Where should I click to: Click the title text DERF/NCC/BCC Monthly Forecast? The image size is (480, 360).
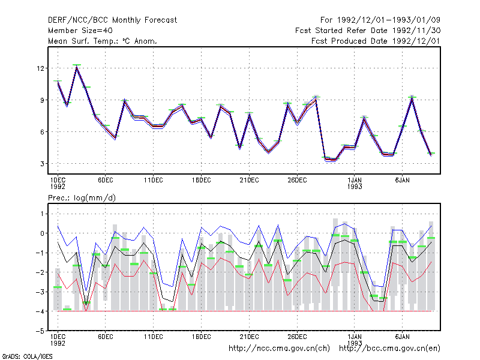tap(112, 20)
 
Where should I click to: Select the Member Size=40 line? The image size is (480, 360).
tap(80, 31)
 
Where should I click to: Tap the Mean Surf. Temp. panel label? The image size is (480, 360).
tap(103, 41)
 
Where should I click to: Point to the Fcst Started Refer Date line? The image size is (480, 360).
tap(368, 31)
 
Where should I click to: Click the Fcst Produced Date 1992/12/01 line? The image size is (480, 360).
tap(376, 41)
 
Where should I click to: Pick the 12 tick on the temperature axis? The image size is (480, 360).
tap(40, 68)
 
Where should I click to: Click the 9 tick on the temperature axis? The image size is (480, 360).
tap(42, 100)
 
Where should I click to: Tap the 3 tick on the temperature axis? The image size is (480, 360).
tap(42, 164)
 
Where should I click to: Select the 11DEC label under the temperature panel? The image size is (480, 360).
tap(154, 181)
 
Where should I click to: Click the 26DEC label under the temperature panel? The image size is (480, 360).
tap(297, 181)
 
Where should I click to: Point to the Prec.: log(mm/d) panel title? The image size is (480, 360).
tap(82, 198)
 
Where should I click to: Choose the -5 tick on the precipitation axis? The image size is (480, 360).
tap(40, 331)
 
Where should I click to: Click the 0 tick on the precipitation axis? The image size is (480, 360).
tap(42, 233)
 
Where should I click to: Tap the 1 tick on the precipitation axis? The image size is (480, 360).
tap(42, 214)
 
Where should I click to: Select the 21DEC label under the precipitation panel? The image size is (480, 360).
tap(249, 337)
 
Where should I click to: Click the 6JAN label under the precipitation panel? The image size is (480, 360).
tap(402, 337)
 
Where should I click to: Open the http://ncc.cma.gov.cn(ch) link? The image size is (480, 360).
tap(279, 349)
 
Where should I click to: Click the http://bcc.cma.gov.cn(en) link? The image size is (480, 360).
tap(389, 349)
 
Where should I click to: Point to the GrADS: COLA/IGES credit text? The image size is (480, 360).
tap(27, 356)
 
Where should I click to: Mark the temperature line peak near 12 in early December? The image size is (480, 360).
tap(77, 67)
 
